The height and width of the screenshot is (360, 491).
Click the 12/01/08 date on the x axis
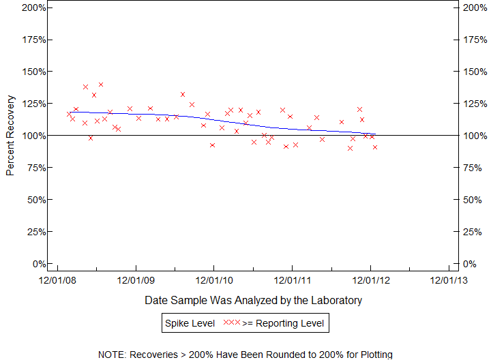click(57, 280)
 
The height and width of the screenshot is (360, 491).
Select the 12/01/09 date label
click(136, 280)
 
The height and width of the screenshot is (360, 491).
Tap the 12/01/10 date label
click(213, 280)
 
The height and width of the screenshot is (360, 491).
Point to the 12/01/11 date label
click(292, 280)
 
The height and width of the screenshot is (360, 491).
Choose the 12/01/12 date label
click(370, 280)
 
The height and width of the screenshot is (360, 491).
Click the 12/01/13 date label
click(448, 280)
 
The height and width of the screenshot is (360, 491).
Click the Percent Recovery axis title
click(10, 136)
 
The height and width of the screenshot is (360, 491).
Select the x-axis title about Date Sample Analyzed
click(253, 300)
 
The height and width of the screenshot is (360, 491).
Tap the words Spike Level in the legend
click(189, 322)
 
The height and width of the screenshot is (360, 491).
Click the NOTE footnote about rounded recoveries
click(245, 355)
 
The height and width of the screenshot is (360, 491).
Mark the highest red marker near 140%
click(101, 85)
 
